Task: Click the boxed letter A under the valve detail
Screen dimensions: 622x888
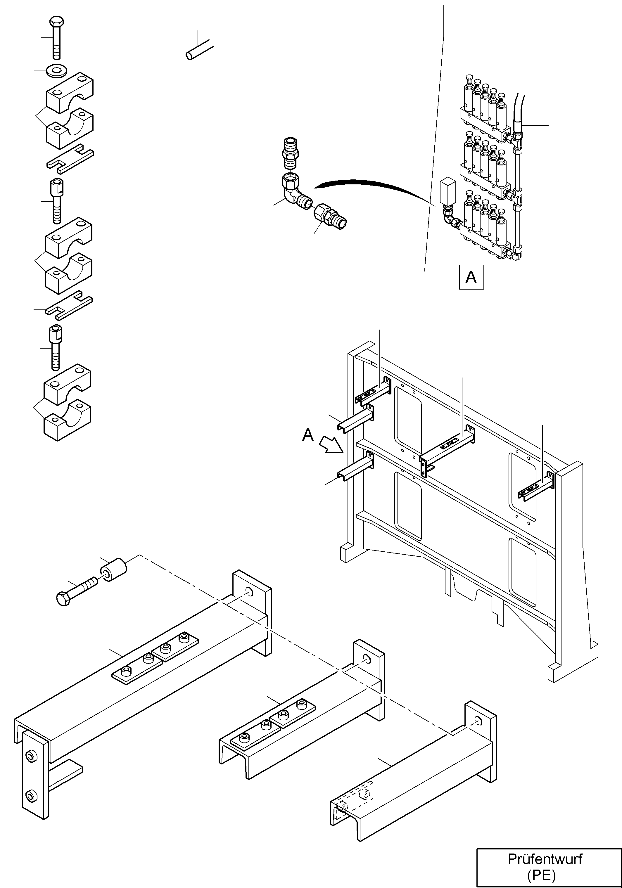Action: pyautogui.click(x=471, y=277)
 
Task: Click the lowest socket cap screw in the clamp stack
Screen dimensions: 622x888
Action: pyautogui.click(x=56, y=348)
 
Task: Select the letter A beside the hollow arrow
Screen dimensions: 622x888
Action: pyautogui.click(x=308, y=435)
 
